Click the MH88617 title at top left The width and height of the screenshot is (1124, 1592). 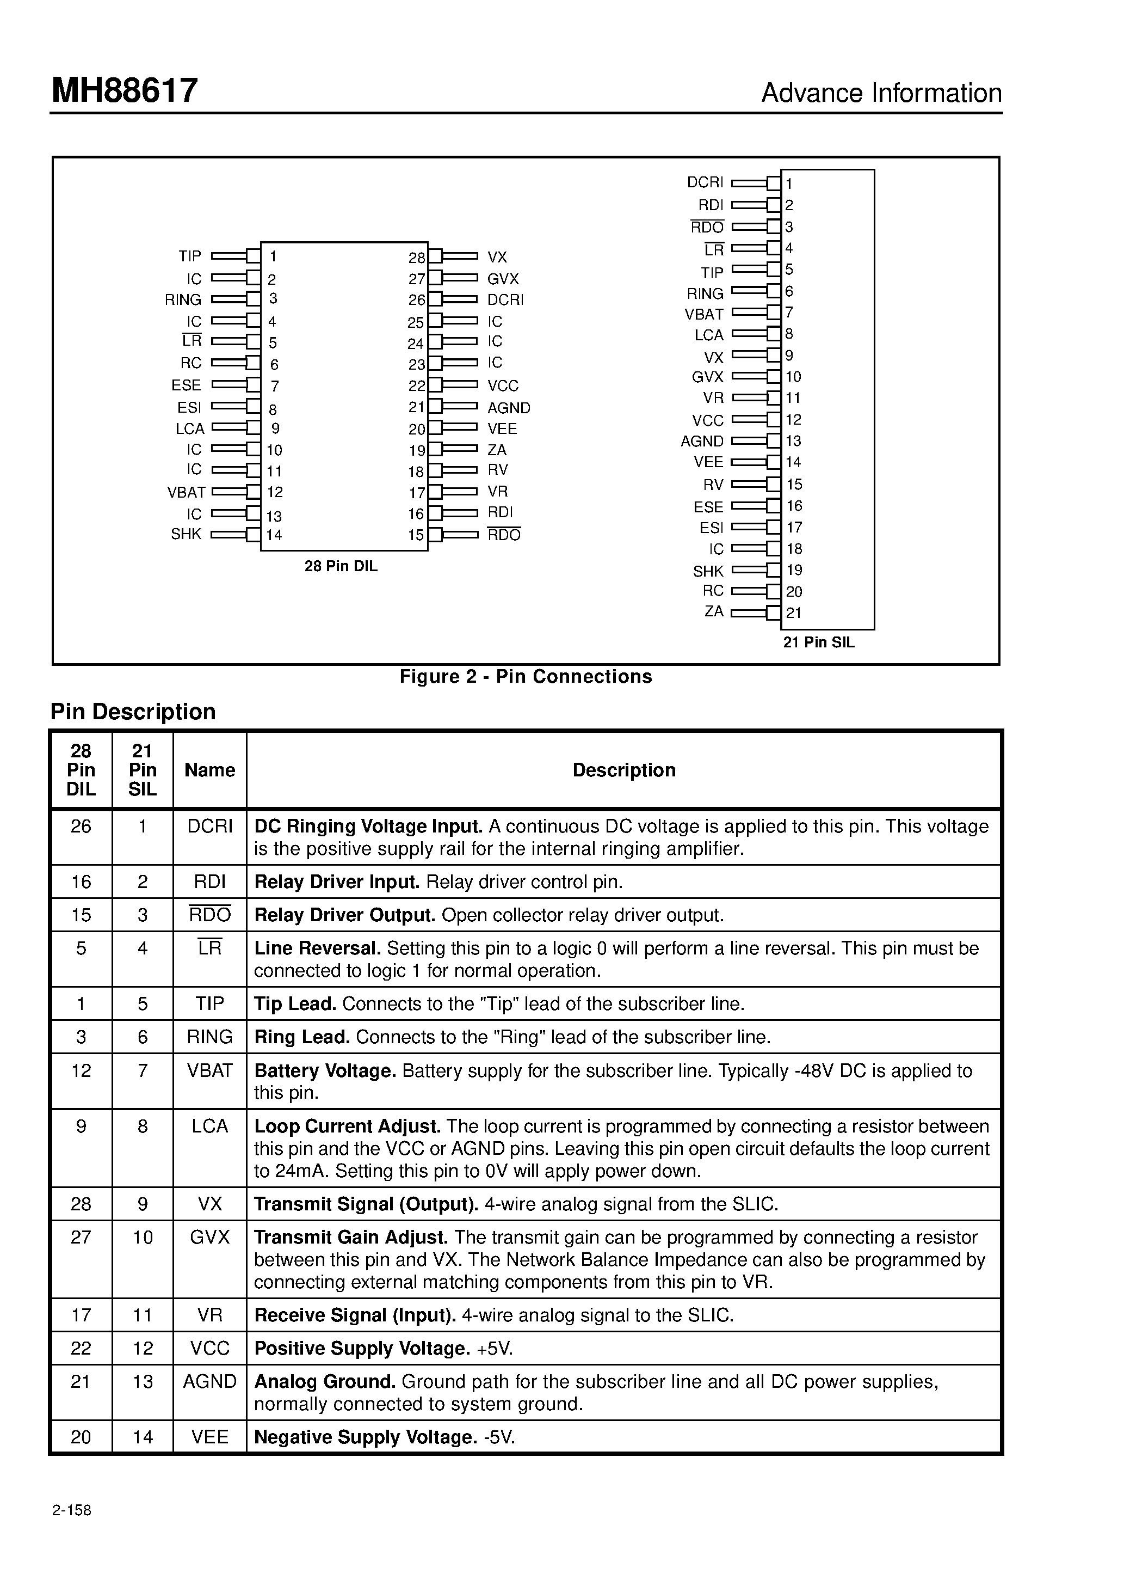point(125,91)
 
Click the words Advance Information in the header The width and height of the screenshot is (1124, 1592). point(881,93)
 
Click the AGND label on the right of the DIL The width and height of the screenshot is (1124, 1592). point(509,408)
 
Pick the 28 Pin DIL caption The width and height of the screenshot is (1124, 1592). point(341,566)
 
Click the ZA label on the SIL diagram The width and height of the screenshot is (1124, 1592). point(713,611)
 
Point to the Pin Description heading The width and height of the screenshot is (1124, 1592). point(133,712)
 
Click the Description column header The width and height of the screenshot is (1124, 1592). point(623,770)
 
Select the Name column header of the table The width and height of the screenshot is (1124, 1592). point(209,770)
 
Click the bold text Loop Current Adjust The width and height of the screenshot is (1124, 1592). point(347,1126)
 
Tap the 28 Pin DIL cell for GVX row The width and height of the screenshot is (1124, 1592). point(81,1237)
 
